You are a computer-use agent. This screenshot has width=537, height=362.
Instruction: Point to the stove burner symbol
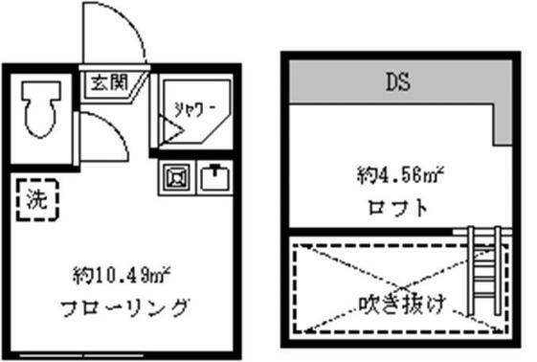[x=177, y=178]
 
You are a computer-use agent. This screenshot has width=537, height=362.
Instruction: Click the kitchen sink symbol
[x=214, y=178]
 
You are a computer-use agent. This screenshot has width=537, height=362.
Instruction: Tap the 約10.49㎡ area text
[x=121, y=277]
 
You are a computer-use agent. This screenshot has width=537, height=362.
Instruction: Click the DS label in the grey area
[x=398, y=81]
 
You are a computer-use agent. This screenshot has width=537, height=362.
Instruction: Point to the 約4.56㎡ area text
[x=398, y=176]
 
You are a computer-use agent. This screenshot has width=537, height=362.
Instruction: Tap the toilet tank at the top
[x=40, y=90]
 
